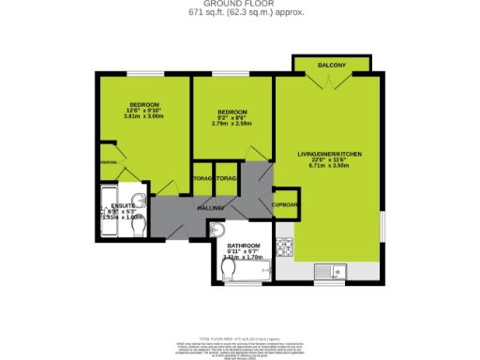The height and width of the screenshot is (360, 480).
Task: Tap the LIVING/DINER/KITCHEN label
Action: [x=329, y=154]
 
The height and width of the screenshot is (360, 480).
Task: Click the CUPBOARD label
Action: [x=285, y=204]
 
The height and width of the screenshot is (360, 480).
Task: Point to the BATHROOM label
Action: [x=243, y=246]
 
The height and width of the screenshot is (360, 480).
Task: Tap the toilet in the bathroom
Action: [x=230, y=269]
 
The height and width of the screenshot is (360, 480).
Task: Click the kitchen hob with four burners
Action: [x=284, y=248]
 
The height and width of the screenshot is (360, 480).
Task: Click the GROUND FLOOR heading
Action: [x=239, y=4]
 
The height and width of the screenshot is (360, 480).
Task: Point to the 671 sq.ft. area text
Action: [x=239, y=12]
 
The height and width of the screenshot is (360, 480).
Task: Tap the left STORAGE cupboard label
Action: [x=202, y=178]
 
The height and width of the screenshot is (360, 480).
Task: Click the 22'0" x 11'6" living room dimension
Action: [x=329, y=160]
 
